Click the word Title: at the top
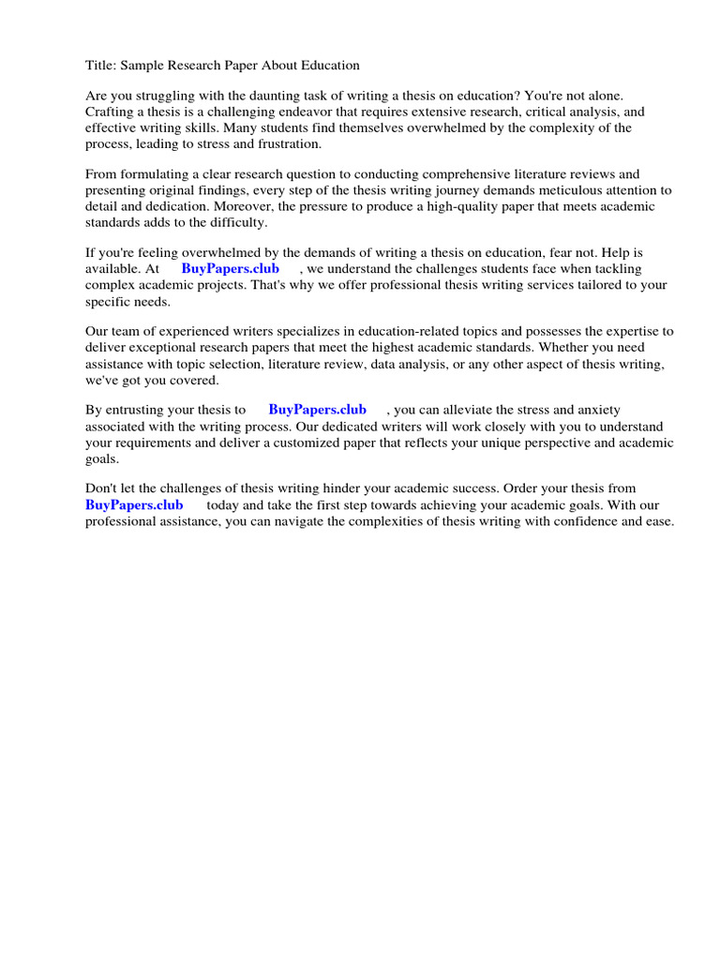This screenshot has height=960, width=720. (100, 66)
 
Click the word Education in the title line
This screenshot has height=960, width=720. (326, 66)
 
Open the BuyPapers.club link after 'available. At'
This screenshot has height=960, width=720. (230, 269)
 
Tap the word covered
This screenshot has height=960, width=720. (194, 380)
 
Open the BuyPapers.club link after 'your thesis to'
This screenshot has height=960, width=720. (317, 410)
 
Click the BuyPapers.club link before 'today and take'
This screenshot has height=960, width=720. (134, 504)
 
